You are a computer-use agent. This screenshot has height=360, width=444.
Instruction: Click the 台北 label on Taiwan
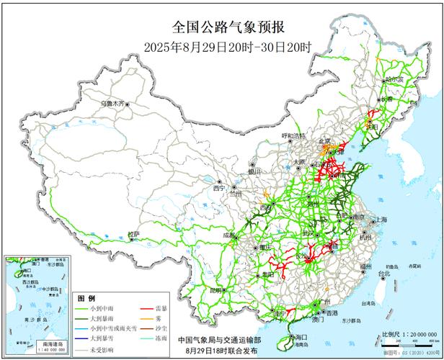[384, 274]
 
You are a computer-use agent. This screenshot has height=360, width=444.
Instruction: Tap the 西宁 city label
[219, 188]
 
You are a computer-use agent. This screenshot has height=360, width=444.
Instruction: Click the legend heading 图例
[86, 297]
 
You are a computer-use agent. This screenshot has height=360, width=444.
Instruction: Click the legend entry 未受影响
[107, 349]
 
